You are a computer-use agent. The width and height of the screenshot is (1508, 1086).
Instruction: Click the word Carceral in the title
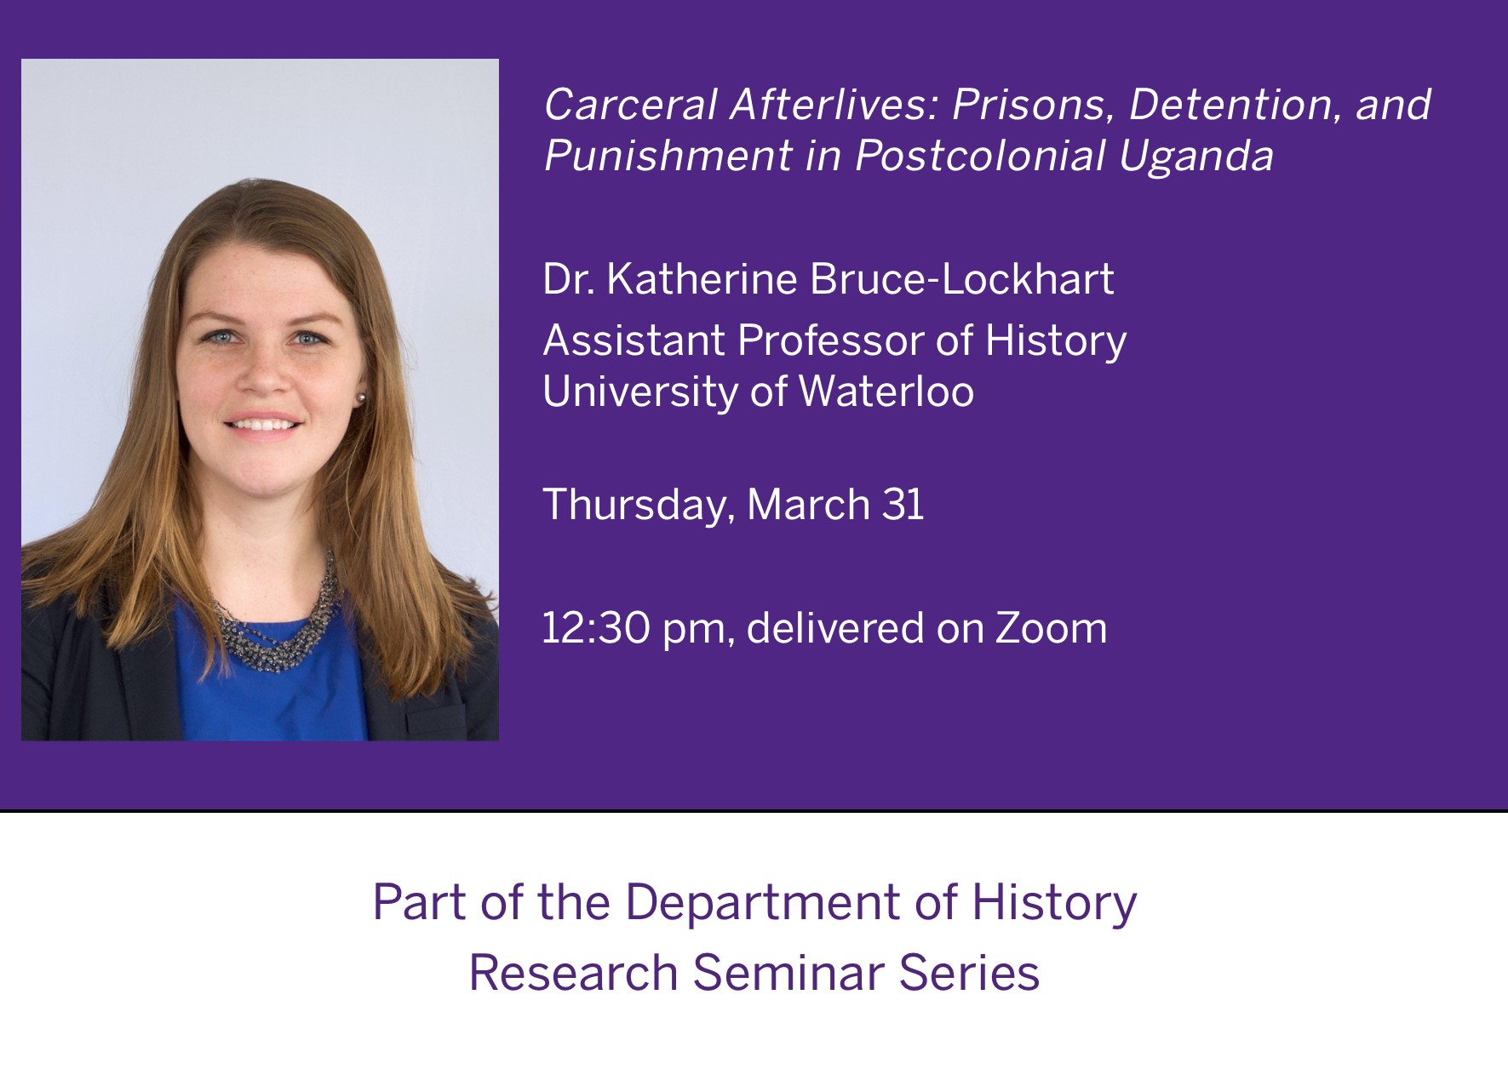pyautogui.click(x=630, y=105)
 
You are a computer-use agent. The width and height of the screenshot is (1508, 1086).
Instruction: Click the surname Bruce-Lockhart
pyautogui.click(x=961, y=279)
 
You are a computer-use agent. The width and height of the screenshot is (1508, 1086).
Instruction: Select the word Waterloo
pyautogui.click(x=886, y=392)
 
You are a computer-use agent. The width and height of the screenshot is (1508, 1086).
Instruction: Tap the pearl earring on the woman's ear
pyautogui.click(x=361, y=397)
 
